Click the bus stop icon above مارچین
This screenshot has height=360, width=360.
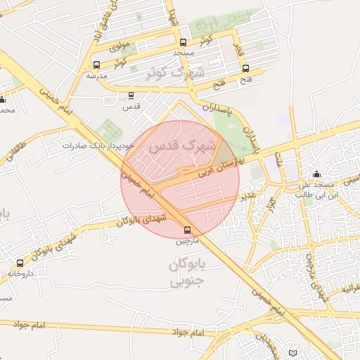(x=188, y=230)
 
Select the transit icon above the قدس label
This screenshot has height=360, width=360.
(x=131, y=96)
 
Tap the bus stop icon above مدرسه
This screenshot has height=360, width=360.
(x=96, y=65)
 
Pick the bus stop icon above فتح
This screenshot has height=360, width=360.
(x=245, y=68)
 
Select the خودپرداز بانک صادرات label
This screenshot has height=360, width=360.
(x=98, y=146)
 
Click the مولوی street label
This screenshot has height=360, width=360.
(x=112, y=46)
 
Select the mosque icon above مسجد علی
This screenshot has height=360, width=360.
(x=316, y=174)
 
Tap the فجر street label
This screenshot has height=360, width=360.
(x=238, y=49)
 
